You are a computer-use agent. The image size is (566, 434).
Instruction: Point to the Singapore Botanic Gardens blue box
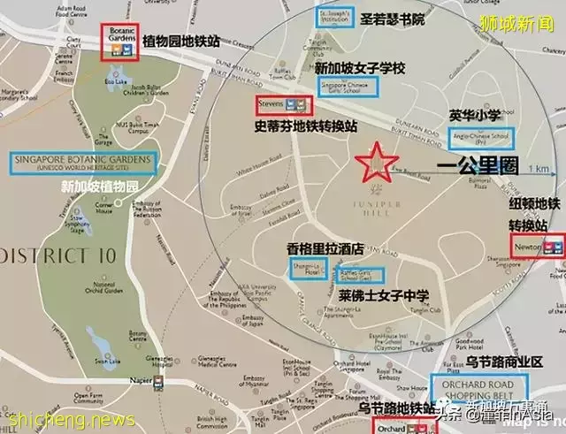click(84, 162)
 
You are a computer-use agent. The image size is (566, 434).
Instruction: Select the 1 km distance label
click(537, 168)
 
